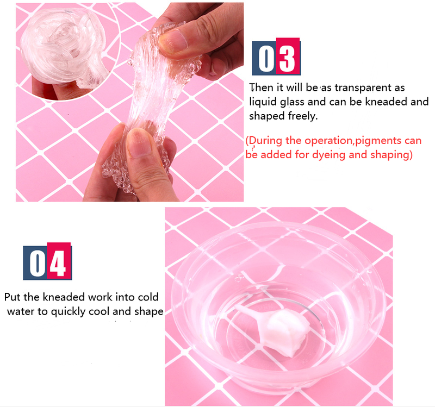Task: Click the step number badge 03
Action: coord(276,57)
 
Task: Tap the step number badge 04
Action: coord(47,261)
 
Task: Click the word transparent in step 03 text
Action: coord(370,88)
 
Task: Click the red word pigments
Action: coord(378,141)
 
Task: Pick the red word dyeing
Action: coord(329,155)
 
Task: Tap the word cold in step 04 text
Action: coord(148,297)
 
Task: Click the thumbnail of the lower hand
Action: coord(139,143)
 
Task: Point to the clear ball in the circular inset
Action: coord(63,46)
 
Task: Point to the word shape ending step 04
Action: coord(148,311)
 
